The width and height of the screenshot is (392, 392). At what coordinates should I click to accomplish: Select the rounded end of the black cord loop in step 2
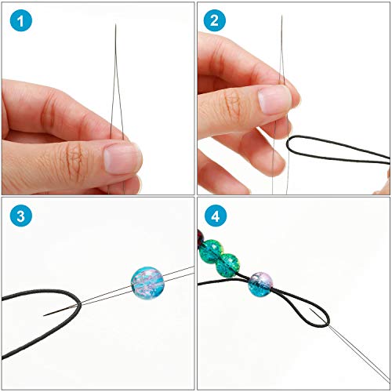292,144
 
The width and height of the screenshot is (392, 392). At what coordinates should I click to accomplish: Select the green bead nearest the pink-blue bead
229,264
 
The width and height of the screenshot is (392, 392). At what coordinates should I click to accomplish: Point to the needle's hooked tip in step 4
313,318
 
